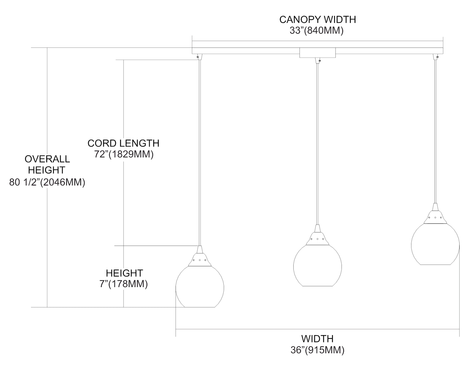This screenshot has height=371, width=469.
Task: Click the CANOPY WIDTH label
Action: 317,20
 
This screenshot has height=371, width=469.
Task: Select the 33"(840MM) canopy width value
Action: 316,31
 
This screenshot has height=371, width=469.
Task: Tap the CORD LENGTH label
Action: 123,143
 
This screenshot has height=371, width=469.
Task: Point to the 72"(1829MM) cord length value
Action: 124,154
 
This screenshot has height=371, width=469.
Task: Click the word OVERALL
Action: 47,159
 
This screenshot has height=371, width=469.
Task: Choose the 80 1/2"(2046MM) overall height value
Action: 47,182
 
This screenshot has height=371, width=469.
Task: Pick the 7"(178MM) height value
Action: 124,284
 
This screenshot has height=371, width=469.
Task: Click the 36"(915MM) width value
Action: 317,350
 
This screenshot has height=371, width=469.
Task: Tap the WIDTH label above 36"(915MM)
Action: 317,339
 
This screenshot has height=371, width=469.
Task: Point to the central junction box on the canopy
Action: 317,53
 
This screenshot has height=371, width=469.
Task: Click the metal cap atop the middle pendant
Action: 317,237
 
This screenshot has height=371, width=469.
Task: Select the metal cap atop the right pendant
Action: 435,216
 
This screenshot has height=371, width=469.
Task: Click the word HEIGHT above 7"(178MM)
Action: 124,273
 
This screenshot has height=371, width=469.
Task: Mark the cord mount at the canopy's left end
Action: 199,57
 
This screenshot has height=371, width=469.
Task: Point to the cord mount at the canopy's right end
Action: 436,57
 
